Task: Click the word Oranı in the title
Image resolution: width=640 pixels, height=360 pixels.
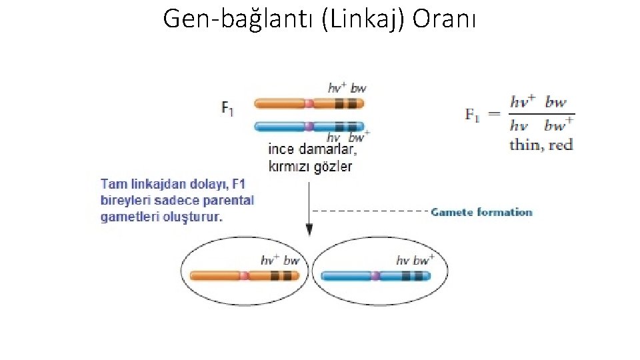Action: coord(444,19)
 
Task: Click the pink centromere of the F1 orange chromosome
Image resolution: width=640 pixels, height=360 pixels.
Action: coord(309,103)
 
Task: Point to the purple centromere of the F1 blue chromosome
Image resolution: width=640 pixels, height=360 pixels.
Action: coord(309,126)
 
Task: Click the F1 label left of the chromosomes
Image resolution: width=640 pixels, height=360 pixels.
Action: coord(228,109)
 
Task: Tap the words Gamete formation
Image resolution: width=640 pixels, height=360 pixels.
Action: coord(481,212)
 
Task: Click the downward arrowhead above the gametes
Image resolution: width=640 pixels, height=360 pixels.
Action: coord(309,230)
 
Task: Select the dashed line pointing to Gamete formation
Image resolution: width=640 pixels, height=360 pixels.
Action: coord(370,211)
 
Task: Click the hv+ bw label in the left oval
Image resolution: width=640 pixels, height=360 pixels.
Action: coord(280,261)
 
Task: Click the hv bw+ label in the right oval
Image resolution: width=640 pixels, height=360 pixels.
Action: coord(415,261)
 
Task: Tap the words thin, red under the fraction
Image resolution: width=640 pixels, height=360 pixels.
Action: coord(541,144)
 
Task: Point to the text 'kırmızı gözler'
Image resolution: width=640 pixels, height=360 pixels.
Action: coord(310,166)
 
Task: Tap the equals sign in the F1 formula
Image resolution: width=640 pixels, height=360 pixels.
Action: coord(494,114)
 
